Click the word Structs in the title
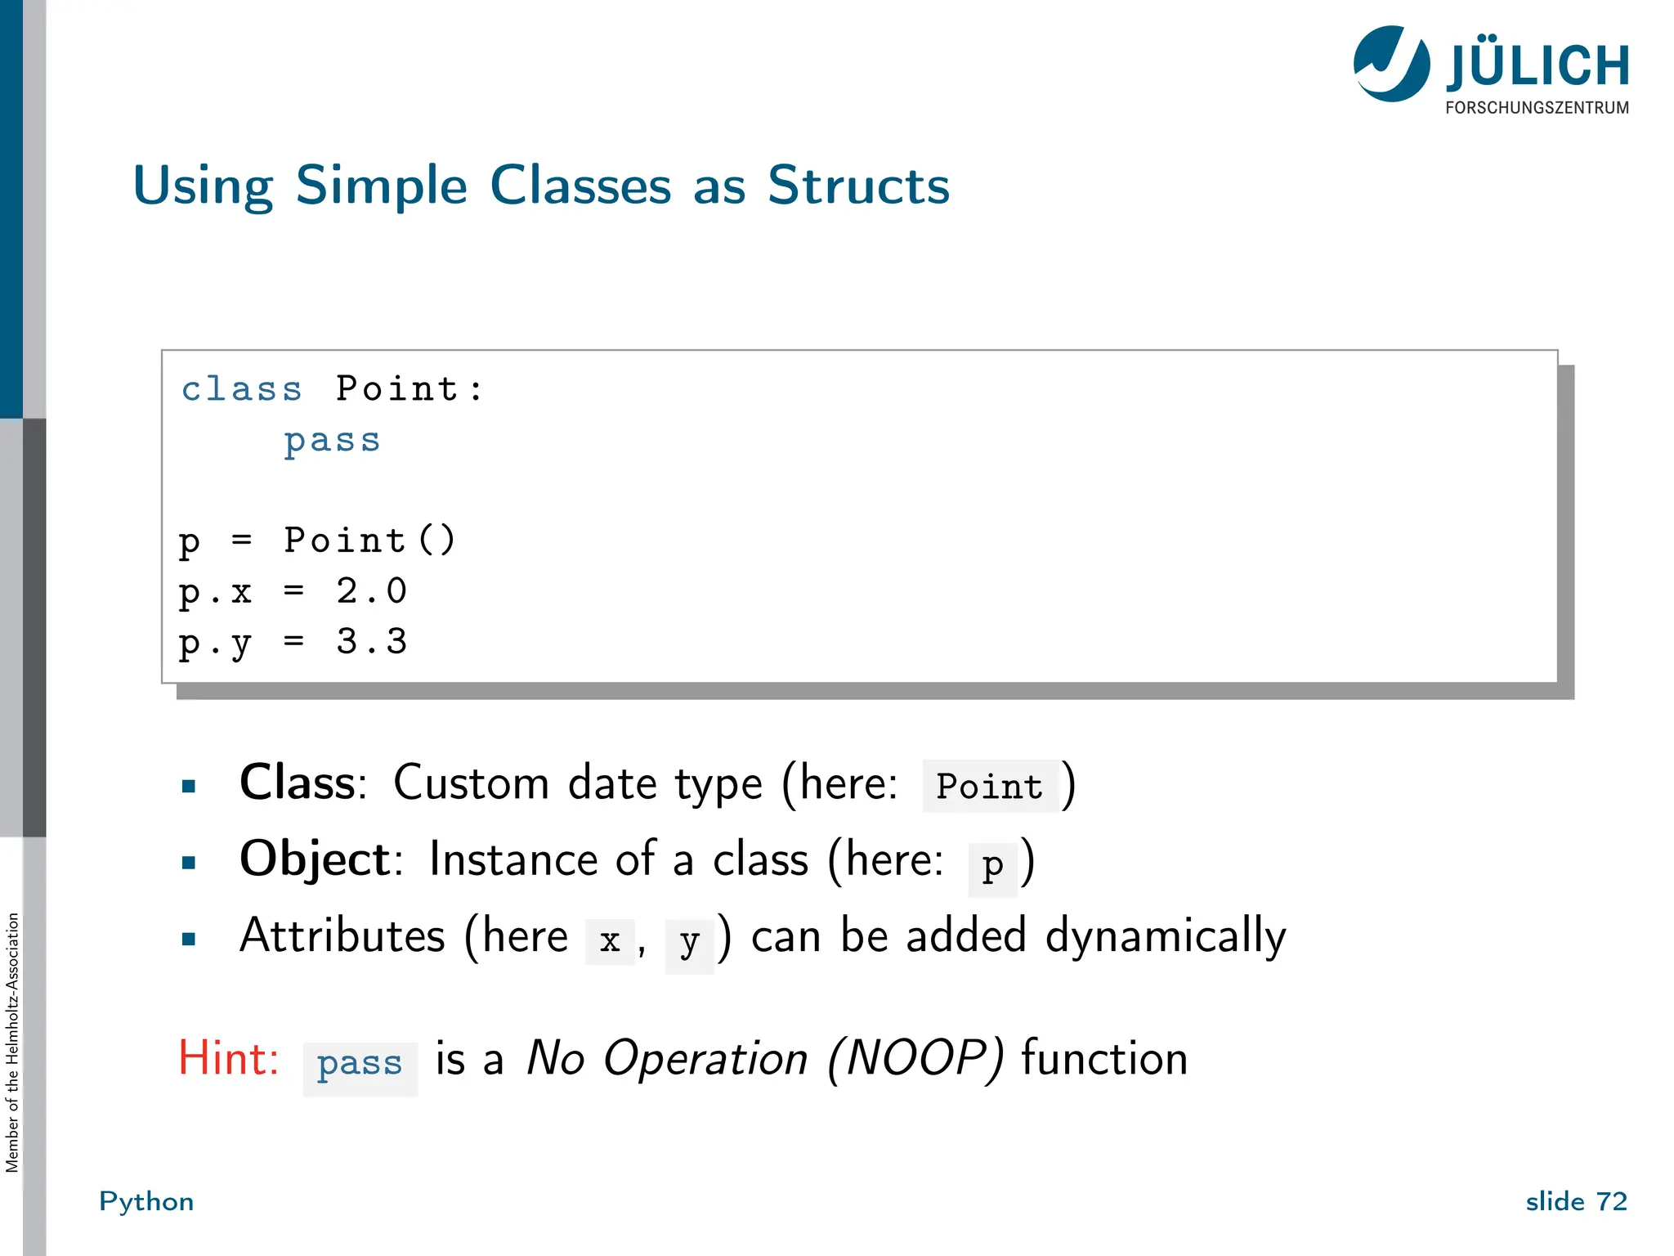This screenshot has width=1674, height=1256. pos(858,186)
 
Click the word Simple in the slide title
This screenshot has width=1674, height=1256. pos(381,186)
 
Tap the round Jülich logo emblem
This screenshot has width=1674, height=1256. pos(1391,64)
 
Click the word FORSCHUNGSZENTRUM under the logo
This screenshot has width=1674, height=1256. pos(1537,108)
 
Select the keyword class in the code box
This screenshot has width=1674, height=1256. pos(242,389)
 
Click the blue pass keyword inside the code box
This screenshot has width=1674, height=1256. pos(332,441)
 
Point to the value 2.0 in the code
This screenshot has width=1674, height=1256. pos(372,591)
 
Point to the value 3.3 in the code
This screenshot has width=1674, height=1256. pos(372,642)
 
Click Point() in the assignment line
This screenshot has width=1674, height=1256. pos(369,541)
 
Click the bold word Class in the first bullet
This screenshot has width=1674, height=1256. pos(298,783)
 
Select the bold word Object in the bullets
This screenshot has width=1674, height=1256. pos(316,859)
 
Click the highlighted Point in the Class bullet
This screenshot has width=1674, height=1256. pos(989,787)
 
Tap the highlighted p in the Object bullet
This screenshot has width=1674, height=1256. pos(992,865)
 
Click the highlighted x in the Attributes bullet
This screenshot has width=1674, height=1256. pos(610,941)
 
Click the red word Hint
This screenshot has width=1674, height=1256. pos(229,1059)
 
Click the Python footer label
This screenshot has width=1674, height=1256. pos(146,1201)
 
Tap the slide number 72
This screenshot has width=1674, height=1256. pos(1612,1201)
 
